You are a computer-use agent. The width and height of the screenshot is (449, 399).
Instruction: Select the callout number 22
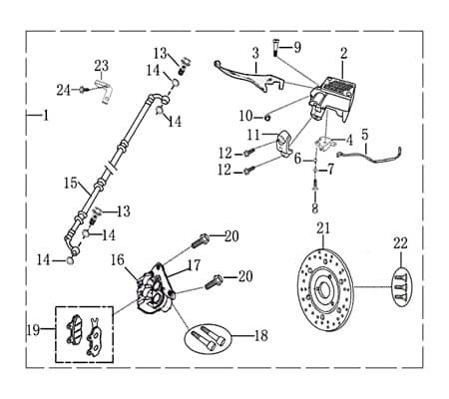[x=400, y=243]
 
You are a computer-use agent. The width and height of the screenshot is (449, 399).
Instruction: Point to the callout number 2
[x=343, y=53]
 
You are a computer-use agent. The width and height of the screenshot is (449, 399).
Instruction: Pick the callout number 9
[x=295, y=48]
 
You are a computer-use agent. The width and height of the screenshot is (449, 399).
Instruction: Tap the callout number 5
[x=364, y=134]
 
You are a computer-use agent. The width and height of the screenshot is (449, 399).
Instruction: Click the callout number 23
[x=102, y=66]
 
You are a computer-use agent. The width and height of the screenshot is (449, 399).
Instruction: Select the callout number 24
[x=63, y=90]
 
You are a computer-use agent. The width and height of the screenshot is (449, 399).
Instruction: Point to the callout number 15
[x=70, y=183]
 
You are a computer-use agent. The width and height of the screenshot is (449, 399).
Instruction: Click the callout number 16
[x=118, y=259]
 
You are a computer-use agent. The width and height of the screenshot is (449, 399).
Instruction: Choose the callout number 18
[x=260, y=336]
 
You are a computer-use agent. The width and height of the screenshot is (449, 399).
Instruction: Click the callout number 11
[x=254, y=135]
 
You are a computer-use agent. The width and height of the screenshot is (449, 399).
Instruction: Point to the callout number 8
[x=315, y=209]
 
